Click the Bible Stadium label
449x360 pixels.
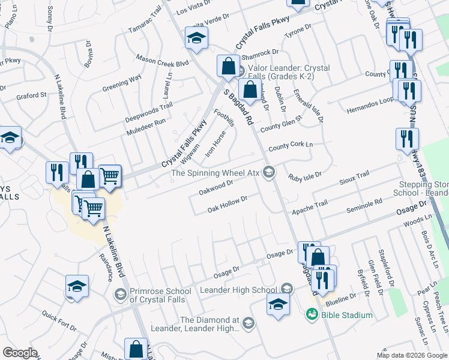[x=346, y=315]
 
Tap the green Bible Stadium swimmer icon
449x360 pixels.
[x=311, y=314]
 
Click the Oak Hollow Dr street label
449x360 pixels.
[x=228, y=204]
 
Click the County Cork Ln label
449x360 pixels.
[x=291, y=146]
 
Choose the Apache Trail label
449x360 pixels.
[x=310, y=208]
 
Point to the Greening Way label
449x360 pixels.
[x=122, y=83]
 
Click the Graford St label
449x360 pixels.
[x=32, y=95]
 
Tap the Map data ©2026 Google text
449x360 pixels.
[x=411, y=355]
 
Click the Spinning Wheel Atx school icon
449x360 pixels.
[x=270, y=173]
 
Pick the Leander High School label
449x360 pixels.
[x=247, y=290]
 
